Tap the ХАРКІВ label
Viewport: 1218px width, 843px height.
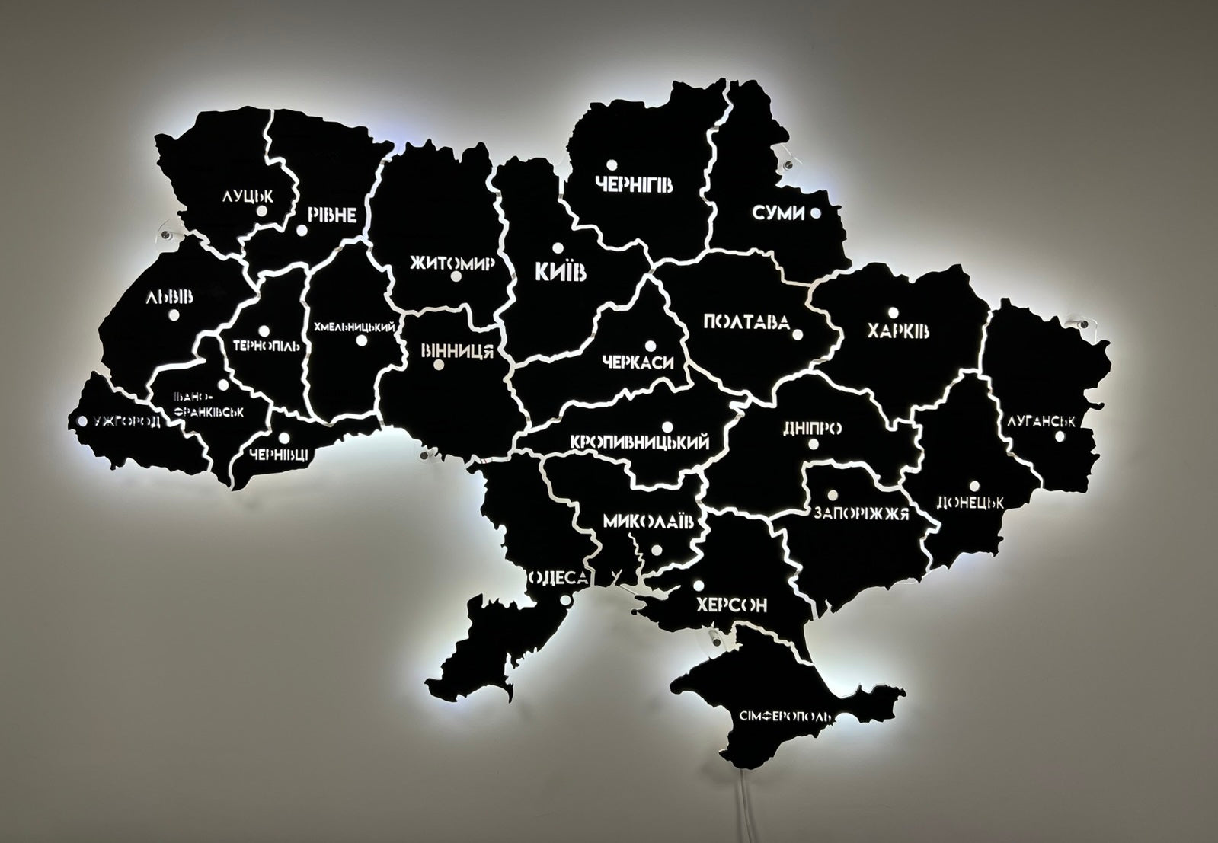pyautogui.click(x=899, y=332)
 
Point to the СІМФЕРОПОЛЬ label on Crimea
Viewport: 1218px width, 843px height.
pyautogui.click(x=785, y=717)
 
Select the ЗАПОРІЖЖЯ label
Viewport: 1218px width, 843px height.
pyautogui.click(x=861, y=513)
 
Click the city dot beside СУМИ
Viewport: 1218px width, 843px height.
pyautogui.click(x=816, y=213)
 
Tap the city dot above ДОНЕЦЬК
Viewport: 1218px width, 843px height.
pyautogui.click(x=974, y=485)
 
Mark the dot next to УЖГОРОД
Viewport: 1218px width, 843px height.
pyautogui.click(x=82, y=420)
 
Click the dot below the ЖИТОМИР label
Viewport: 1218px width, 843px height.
pyautogui.click(x=456, y=278)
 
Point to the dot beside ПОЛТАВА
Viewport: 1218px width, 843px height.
pyautogui.click(x=798, y=334)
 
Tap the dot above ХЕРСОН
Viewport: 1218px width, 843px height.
pyautogui.click(x=697, y=586)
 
